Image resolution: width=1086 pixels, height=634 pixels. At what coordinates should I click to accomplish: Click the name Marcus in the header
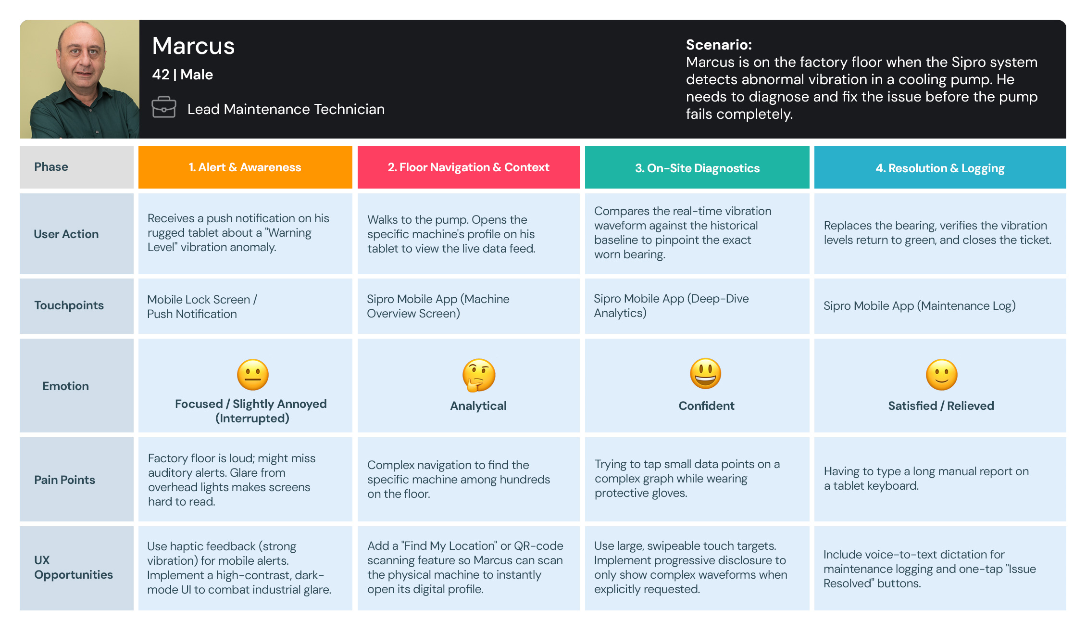193,46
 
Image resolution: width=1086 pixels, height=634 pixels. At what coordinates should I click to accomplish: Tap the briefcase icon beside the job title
163,107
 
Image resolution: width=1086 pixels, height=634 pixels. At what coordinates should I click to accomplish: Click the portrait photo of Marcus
80,79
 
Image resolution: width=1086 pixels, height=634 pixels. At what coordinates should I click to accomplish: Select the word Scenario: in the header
719,45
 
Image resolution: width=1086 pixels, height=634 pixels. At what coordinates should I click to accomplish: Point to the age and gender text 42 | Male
182,75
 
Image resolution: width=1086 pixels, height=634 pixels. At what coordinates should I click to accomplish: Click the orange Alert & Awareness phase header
245,167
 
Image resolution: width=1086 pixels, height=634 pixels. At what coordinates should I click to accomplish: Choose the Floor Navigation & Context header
468,167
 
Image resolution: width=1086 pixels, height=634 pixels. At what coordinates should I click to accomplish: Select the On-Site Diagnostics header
697,168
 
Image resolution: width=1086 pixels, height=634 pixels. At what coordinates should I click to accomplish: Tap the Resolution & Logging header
940,168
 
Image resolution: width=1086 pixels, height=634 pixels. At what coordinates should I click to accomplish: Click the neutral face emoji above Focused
252,375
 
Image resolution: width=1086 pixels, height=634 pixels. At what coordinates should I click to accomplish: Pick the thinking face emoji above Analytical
478,375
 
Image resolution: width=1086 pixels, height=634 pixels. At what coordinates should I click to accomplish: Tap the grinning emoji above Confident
705,374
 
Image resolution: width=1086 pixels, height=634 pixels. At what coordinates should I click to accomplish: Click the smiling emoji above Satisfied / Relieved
941,375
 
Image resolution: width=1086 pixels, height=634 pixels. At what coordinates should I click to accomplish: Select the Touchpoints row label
69,305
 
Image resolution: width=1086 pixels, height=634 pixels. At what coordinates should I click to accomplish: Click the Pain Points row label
64,480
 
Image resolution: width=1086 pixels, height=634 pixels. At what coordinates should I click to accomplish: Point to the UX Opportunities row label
73,568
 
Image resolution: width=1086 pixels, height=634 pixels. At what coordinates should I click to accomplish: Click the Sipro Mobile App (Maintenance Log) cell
919,306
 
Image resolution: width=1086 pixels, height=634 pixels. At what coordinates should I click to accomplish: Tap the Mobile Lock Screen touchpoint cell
202,306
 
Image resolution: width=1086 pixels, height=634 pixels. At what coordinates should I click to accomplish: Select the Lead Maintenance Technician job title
286,109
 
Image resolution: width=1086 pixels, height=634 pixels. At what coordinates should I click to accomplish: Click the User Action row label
66,234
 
